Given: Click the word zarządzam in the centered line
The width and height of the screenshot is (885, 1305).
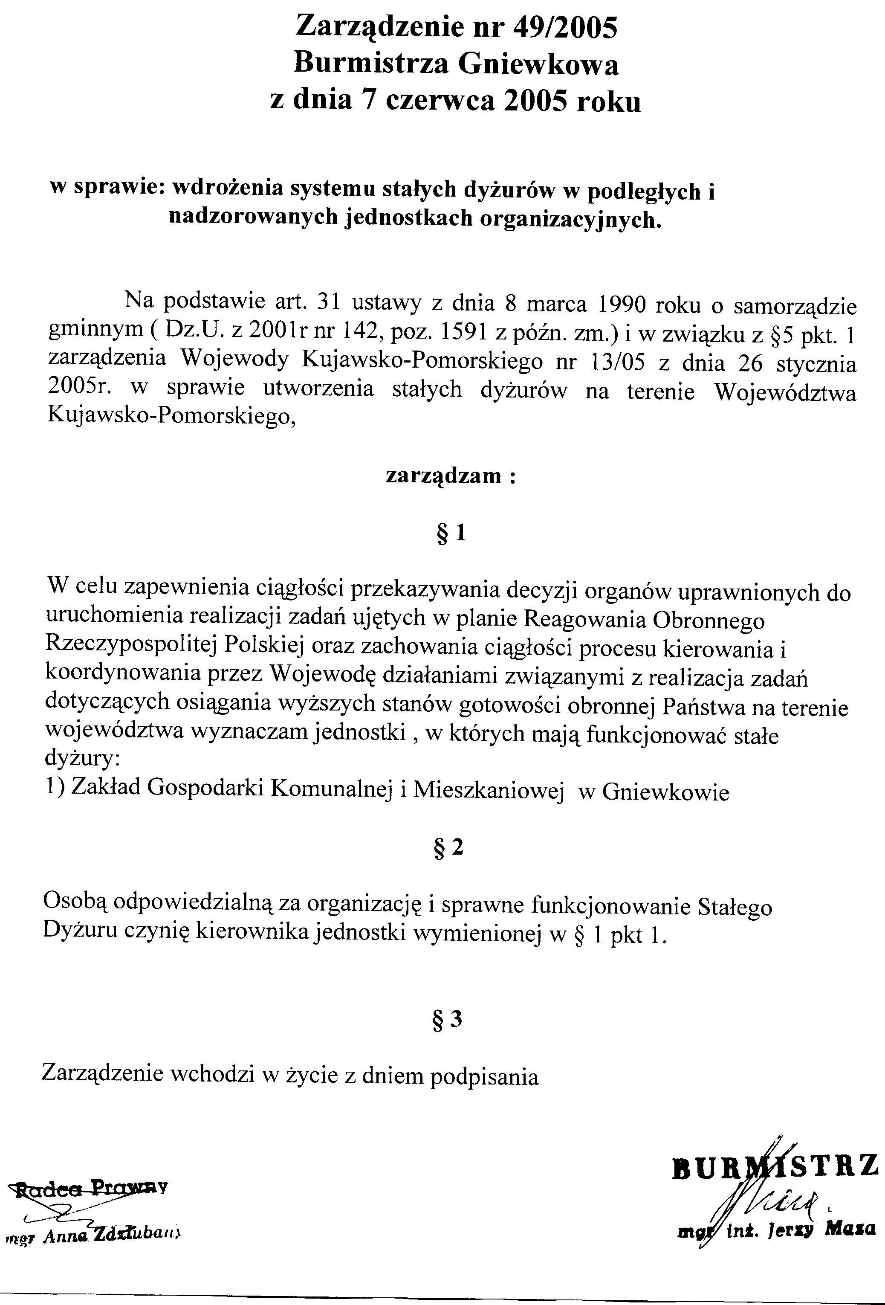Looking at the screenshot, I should point(443,476).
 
